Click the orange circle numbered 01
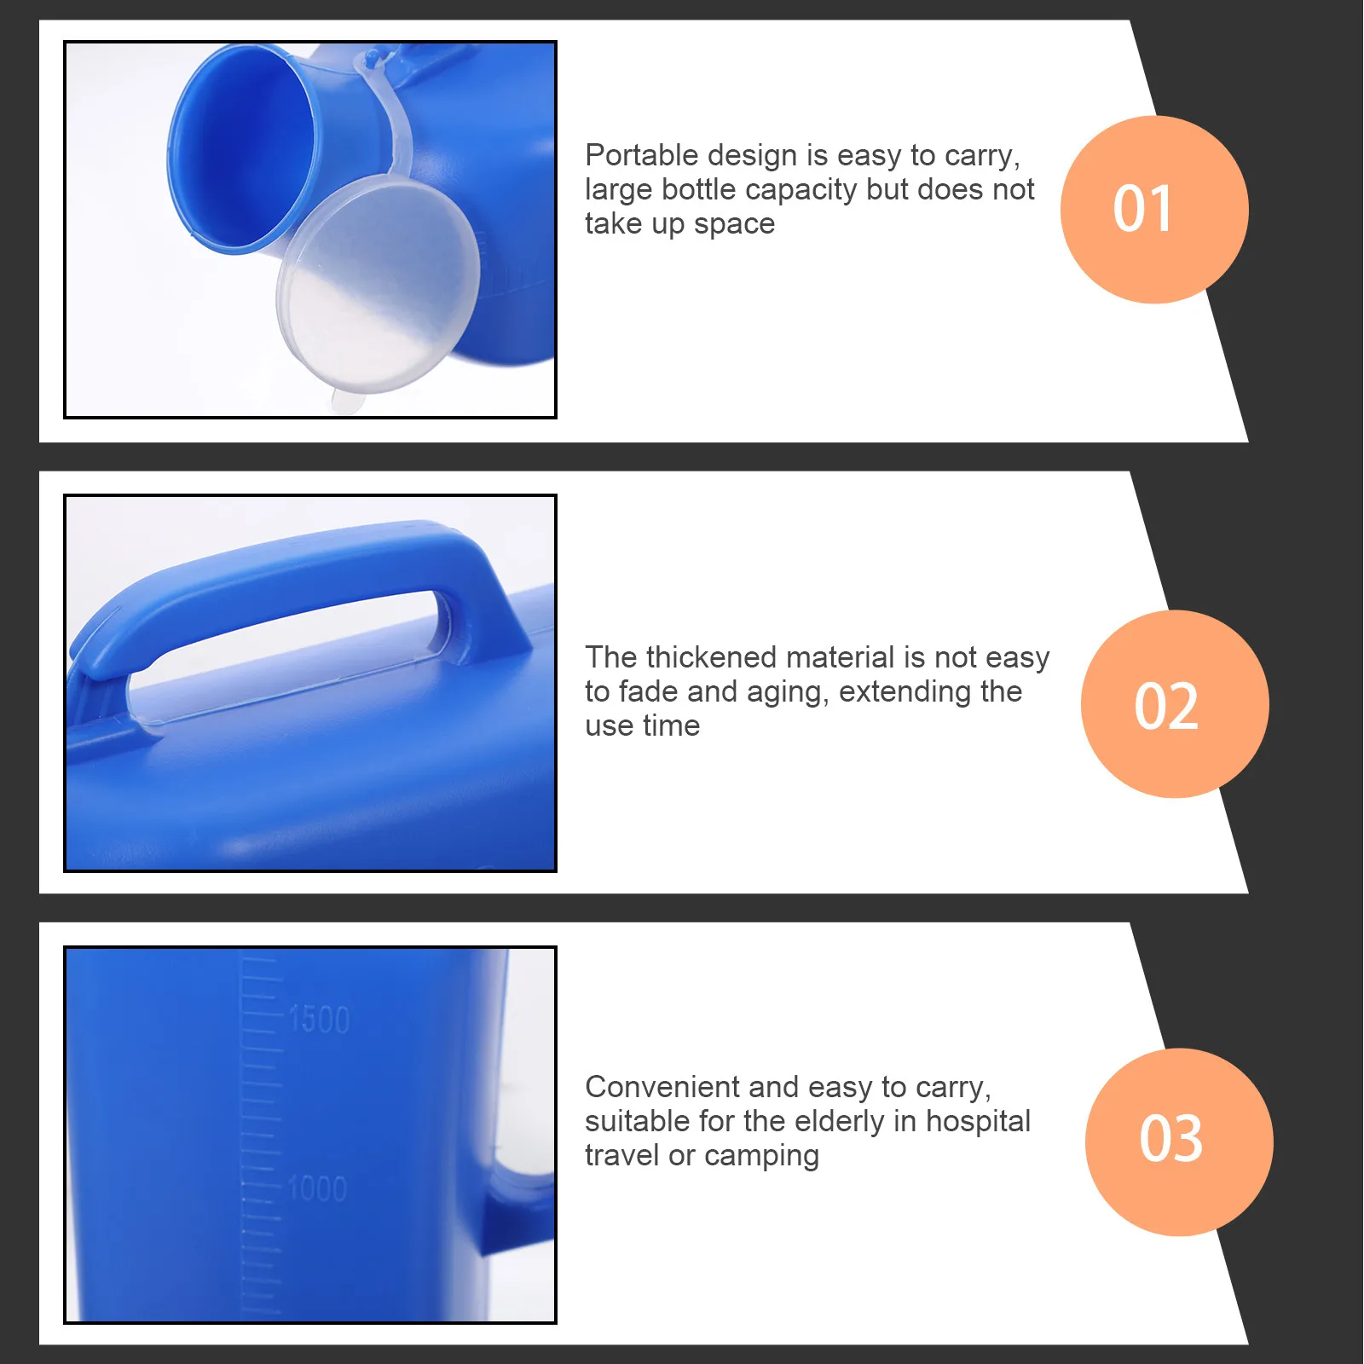[x=1153, y=210]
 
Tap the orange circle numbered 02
[x=1174, y=704]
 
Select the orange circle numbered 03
[x=1178, y=1141]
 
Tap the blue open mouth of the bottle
[x=243, y=149]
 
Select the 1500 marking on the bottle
[x=319, y=1020]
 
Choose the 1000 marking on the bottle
[x=317, y=1188]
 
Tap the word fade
[x=649, y=691]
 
